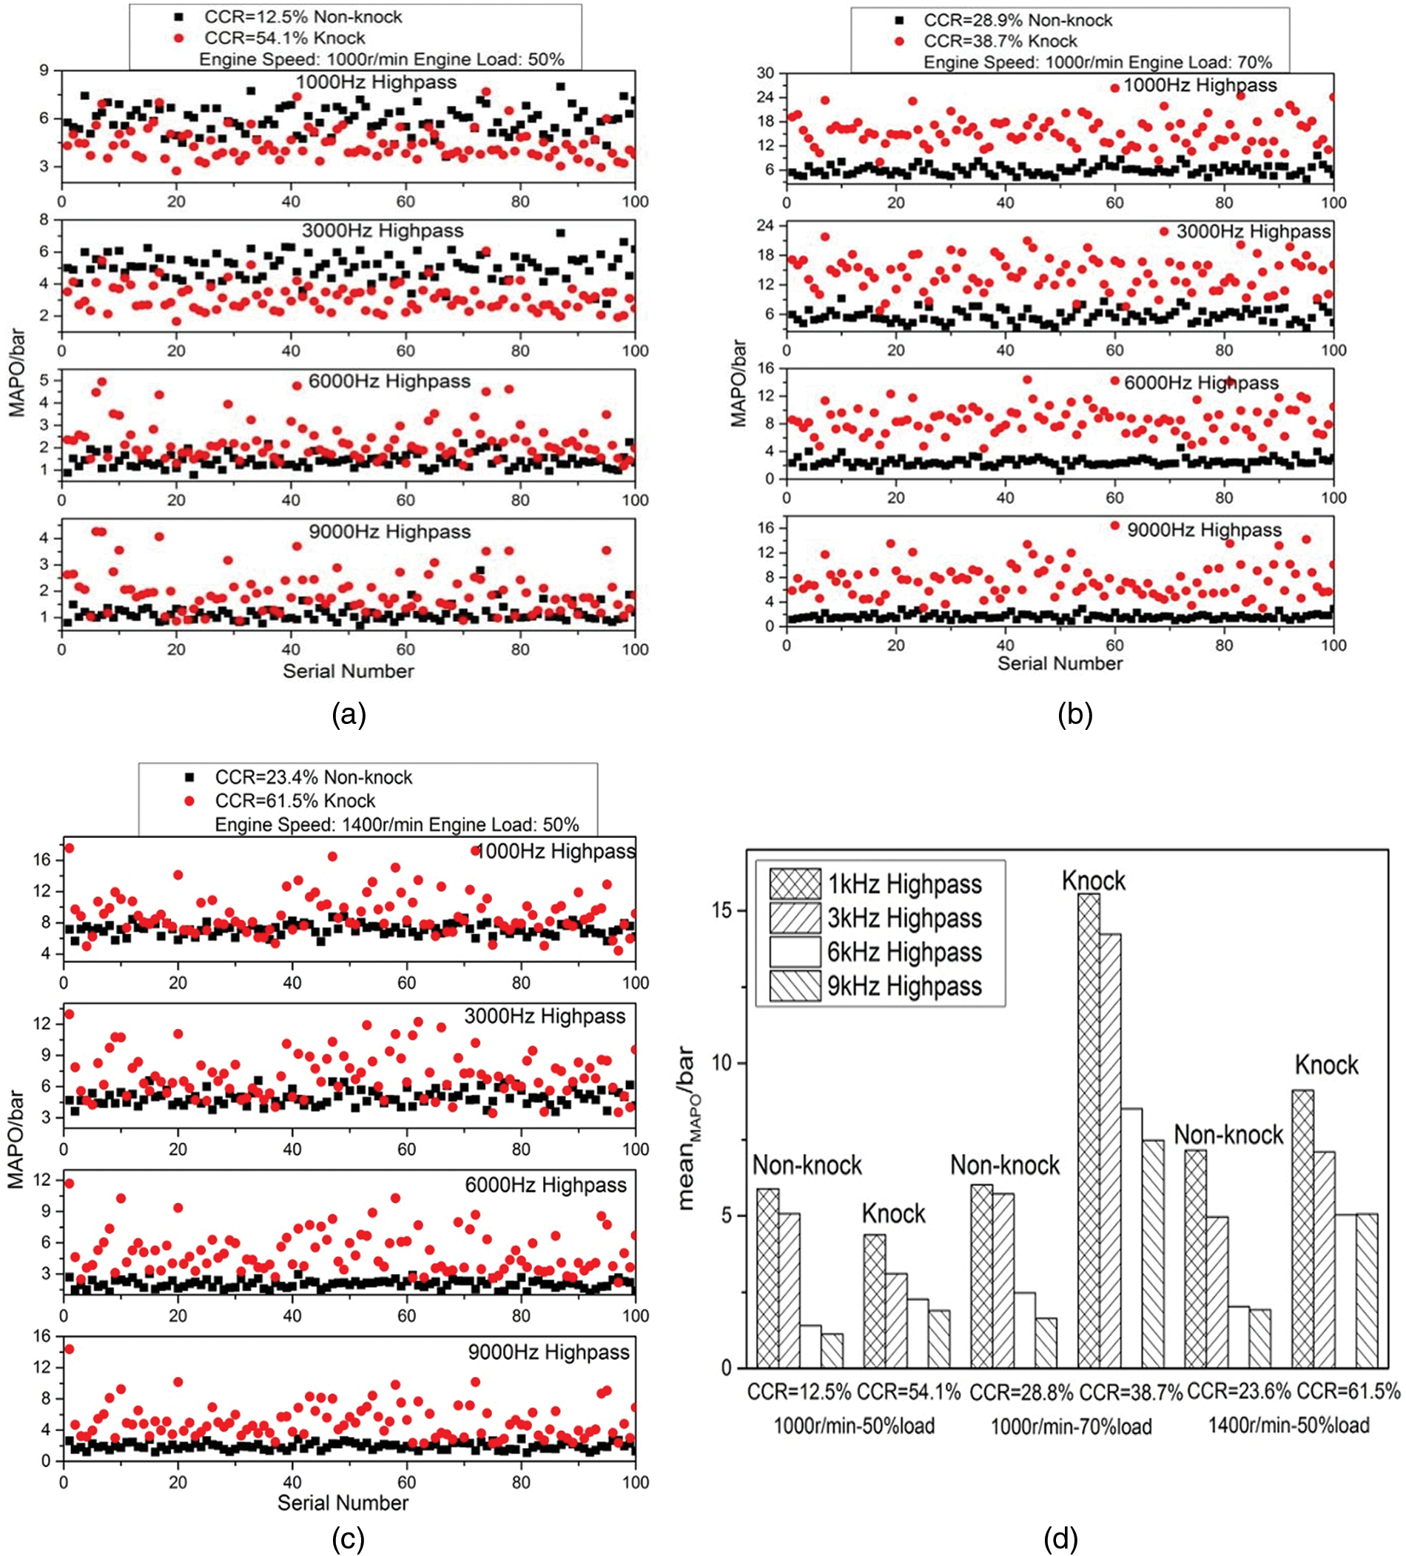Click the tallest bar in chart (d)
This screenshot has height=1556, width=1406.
coord(1088,1130)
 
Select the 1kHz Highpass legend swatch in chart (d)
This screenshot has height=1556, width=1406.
coord(795,884)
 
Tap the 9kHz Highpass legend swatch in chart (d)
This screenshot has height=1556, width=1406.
coord(795,987)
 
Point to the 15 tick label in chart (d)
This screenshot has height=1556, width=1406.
coord(721,910)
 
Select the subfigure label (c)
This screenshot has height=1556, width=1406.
coord(347,1538)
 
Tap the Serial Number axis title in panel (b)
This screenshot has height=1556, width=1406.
coord(1060,663)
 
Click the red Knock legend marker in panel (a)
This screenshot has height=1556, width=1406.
coord(179,38)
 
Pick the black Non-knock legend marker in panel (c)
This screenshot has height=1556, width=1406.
coord(190,777)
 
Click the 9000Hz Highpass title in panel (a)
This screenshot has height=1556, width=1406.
coord(390,531)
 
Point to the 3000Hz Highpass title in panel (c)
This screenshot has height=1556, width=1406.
coord(545,1016)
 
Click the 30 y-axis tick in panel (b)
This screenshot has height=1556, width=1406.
coord(764,73)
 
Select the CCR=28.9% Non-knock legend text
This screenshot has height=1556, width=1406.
coord(1017,20)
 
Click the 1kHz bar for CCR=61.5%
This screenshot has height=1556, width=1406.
coord(1302,1229)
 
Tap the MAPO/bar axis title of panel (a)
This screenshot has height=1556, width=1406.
coord(17,373)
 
